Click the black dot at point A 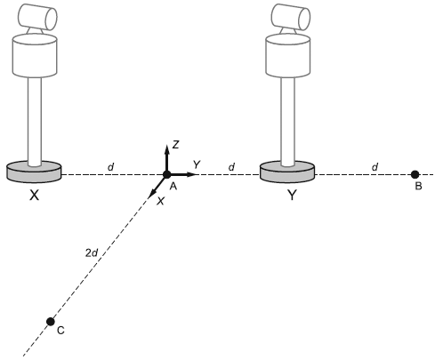coord(167,174)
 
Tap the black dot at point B coord(415,174)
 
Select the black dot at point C coord(51,321)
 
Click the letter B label coord(418,186)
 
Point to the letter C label coord(60,330)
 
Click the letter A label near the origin coord(173,186)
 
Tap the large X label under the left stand coord(35,195)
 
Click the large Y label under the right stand coord(292,195)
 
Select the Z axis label coord(176,145)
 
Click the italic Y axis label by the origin coord(197,164)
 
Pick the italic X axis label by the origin coord(160,201)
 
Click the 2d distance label coord(92,253)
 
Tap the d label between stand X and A coord(110,167)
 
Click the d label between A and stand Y coord(231,167)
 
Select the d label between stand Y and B coord(375,167)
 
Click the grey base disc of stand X coord(34,173)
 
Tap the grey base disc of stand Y coord(287,173)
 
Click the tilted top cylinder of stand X coord(37,17)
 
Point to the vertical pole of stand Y coord(288,121)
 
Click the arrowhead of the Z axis coord(167,148)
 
